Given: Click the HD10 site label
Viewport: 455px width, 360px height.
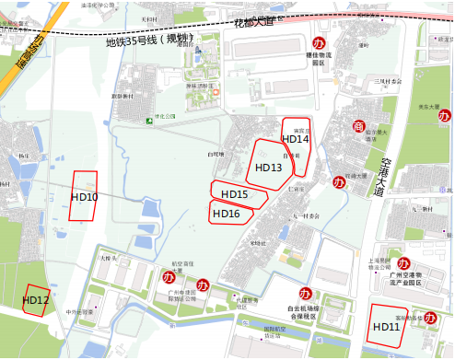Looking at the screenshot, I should click(84, 197).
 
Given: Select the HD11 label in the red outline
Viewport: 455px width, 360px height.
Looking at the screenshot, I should click(386, 327).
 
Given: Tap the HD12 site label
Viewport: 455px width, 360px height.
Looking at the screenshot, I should click(36, 300).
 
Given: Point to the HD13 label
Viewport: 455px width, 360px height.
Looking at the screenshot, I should click(269, 168).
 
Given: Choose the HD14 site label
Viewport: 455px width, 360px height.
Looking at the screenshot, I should click(295, 139).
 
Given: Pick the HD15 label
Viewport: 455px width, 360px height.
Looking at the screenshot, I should click(235, 194).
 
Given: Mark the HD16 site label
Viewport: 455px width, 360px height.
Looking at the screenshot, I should click(227, 214).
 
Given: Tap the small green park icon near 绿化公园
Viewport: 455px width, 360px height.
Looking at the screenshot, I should click(148, 120).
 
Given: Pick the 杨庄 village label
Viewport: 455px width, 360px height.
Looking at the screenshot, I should click(23, 157).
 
